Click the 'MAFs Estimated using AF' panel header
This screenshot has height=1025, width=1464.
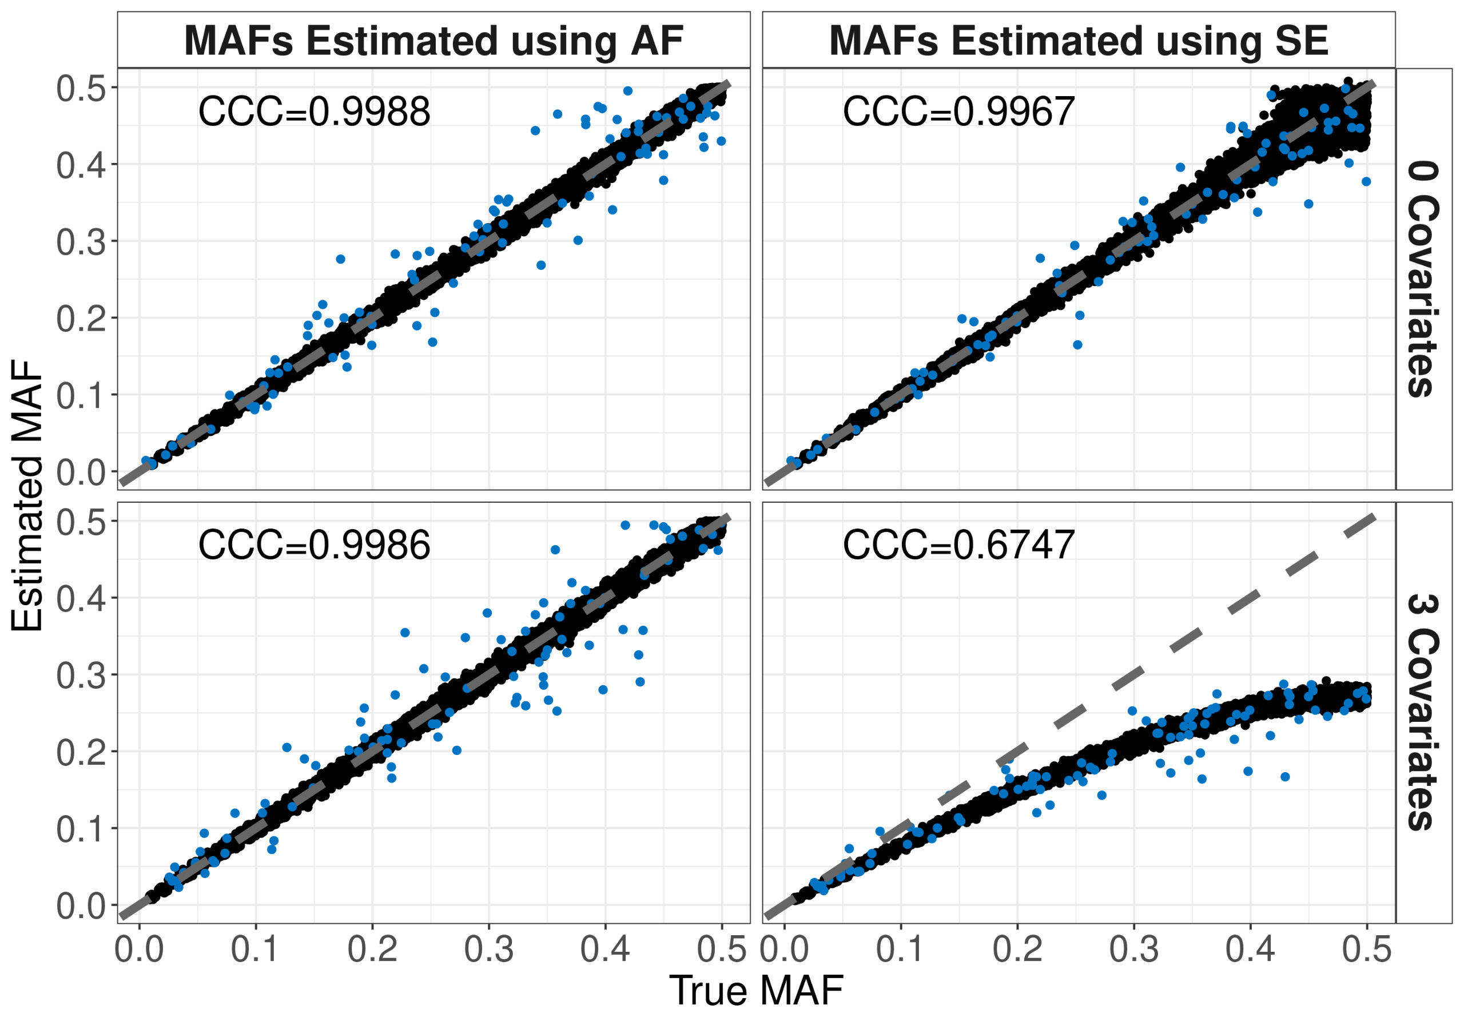pyautogui.click(x=433, y=40)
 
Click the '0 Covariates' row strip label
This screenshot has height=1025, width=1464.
pyautogui.click(x=1423, y=279)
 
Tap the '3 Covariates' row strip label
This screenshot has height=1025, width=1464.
pyautogui.click(x=1423, y=713)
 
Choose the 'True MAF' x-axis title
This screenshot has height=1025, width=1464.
pyautogui.click(x=756, y=991)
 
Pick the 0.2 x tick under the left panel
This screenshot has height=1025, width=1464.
pyautogui.click(x=372, y=949)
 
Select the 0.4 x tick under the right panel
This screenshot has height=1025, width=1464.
pyautogui.click(x=1250, y=949)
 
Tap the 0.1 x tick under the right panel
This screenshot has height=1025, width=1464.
pyautogui.click(x=900, y=949)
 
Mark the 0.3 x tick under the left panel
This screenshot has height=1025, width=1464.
pyautogui.click(x=489, y=949)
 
